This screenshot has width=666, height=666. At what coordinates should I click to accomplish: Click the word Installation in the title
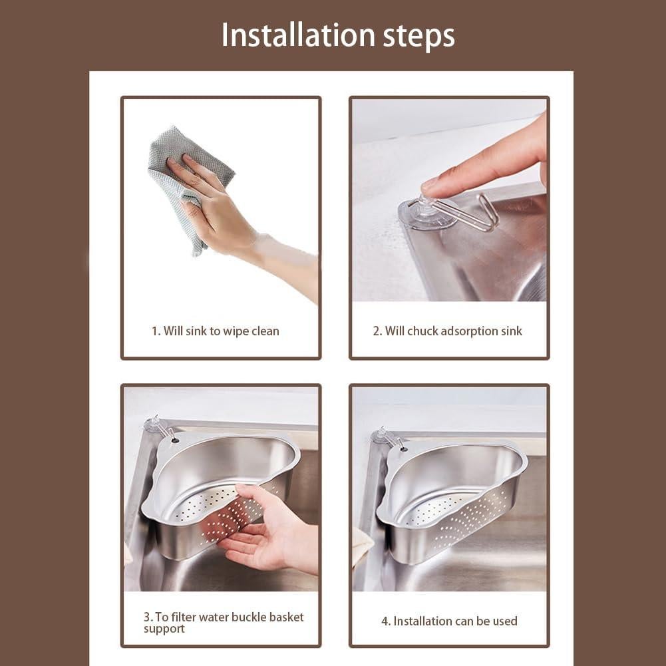click(x=298, y=35)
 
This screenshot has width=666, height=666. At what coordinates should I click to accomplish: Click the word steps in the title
click(x=418, y=37)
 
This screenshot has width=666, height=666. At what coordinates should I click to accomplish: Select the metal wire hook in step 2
click(x=467, y=214)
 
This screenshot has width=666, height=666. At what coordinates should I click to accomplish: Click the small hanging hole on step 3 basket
click(x=175, y=441)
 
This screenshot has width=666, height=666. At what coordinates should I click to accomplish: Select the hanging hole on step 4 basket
click(x=403, y=448)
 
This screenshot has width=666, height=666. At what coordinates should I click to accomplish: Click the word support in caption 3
click(x=164, y=629)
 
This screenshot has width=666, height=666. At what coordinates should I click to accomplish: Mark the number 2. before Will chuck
click(x=377, y=331)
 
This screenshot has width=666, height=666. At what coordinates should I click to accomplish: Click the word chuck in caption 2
click(x=422, y=331)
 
